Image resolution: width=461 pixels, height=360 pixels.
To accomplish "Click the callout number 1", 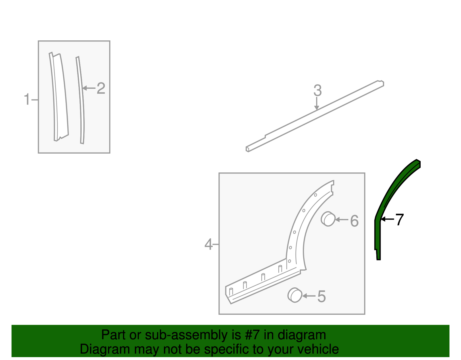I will pos(27,99).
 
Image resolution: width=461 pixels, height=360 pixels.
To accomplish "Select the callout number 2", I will pos(101,88).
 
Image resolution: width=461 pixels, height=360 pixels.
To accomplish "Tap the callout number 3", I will pos(317,91).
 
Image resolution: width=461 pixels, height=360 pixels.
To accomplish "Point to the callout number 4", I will pos(209,244).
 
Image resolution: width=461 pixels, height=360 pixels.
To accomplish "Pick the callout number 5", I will pos(322,296).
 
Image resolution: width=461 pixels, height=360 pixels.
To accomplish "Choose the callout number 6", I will pos(354,221).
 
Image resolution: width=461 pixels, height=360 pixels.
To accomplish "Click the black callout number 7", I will pos(399,220).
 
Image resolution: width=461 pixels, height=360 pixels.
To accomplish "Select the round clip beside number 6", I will pos(328,219).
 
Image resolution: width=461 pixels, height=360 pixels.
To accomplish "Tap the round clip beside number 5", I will pos(295,295).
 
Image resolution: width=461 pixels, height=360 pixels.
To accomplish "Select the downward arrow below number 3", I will pos(317,104).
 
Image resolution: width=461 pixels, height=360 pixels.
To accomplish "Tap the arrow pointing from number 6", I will pos(342,220).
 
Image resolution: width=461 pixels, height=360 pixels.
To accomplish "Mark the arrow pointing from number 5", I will pos(309,296).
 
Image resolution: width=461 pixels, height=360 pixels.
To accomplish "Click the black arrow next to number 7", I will pos(387,219).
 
